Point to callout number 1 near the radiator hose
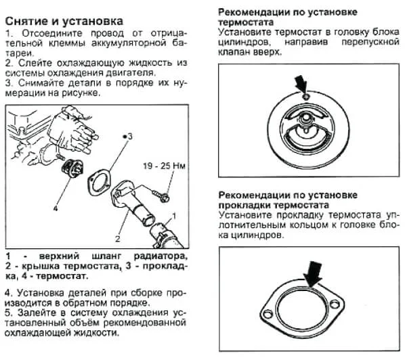[x=173, y=215]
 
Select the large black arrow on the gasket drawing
[x=313, y=275]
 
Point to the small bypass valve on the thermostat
[x=306, y=99]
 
